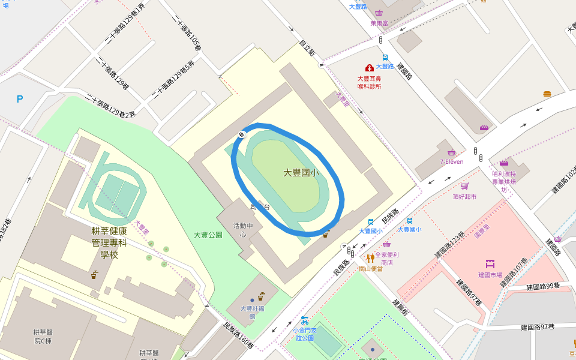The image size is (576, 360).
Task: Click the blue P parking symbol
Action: click(x=20, y=99)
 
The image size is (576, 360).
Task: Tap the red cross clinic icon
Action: click(x=370, y=68)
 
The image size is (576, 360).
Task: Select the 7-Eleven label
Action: click(x=451, y=161)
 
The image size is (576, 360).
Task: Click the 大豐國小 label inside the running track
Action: click(x=301, y=173)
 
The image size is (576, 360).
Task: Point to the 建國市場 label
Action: click(x=490, y=275)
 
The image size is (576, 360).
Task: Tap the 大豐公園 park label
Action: click(x=208, y=235)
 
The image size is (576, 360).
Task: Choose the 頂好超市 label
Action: click(x=464, y=196)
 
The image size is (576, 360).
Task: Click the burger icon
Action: click(x=547, y=94)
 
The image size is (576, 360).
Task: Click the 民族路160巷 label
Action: click(x=238, y=337)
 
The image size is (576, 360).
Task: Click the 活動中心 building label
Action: click(x=243, y=230)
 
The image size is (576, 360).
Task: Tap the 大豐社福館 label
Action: click(x=252, y=312)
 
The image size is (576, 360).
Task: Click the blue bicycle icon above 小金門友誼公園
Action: click(x=304, y=320)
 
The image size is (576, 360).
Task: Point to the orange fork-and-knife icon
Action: click(x=370, y=259)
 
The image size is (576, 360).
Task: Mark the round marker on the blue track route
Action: click(x=241, y=134)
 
